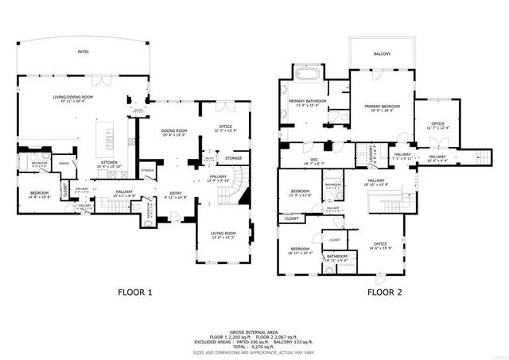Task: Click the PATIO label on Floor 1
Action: pyautogui.click(x=83, y=52)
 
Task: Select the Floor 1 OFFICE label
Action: pyautogui.click(x=225, y=126)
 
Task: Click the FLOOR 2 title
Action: pyautogui.click(x=384, y=292)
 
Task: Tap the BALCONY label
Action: pyautogui.click(x=383, y=54)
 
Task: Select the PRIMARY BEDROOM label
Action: pyautogui.click(x=382, y=106)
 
